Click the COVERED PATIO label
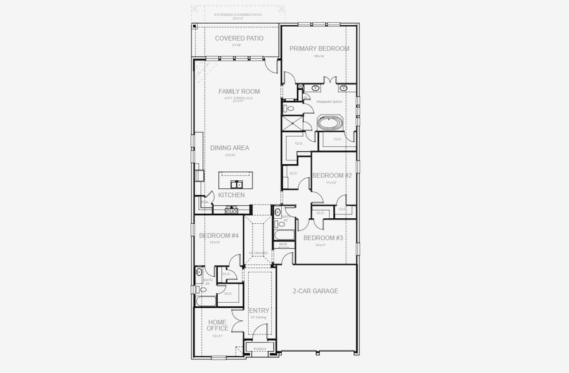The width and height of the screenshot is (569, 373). tap(239, 39)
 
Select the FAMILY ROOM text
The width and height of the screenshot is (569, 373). tap(239, 91)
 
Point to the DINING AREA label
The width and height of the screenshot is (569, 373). tap(229, 148)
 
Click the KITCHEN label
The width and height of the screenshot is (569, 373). tap(231, 195)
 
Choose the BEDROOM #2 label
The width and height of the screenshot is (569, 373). tap(332, 176)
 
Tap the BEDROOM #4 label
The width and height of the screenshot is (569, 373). tap(218, 236)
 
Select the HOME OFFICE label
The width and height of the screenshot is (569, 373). tap(217, 325)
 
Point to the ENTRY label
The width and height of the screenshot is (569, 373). tap(259, 311)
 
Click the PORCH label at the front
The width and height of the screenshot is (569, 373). tap(259, 349)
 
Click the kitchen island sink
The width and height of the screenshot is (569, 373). tap(236, 184)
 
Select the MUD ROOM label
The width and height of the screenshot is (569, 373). tap(283, 246)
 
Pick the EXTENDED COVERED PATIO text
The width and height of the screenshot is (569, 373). tap(239, 14)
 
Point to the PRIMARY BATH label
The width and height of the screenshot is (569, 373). tap(329, 101)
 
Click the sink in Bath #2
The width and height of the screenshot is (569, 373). tap(277, 212)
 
